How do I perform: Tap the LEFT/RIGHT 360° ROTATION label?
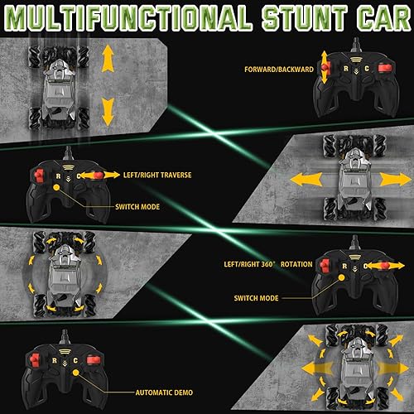262,265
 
